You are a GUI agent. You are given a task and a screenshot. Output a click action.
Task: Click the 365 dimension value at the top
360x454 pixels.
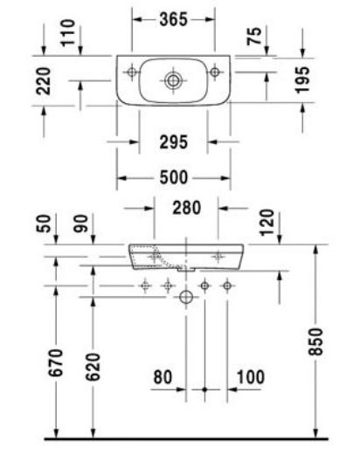point(173,20)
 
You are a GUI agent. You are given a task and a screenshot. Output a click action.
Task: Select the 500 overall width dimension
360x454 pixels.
point(174,177)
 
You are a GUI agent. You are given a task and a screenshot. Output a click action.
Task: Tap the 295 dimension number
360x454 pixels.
point(174,142)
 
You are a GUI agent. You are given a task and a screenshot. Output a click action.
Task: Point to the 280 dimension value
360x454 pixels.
point(186,208)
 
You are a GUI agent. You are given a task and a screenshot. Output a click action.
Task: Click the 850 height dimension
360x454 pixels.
point(316,341)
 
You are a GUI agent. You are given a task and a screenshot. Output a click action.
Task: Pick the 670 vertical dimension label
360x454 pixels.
point(56,362)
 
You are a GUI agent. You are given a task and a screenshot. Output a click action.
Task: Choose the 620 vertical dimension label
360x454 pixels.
point(93,367)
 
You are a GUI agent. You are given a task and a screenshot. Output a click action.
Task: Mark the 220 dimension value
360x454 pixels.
point(44,81)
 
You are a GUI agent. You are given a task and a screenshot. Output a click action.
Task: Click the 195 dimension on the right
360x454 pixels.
point(302,79)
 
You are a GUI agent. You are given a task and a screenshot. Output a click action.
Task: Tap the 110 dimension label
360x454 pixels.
point(68,32)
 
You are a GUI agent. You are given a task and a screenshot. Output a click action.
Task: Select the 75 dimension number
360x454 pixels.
point(254,36)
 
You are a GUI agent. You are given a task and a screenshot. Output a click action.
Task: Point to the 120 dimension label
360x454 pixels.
point(267,223)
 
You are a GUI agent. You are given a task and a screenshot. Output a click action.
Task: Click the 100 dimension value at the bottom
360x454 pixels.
point(251,377)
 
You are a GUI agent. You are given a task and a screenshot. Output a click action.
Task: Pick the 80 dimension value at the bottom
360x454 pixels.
point(163,377)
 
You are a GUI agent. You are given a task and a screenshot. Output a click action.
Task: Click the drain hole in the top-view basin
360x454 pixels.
point(173,80)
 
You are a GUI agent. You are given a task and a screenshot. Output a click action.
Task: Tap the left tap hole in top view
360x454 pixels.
point(132,72)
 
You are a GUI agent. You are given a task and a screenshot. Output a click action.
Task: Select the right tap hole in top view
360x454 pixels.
point(215,72)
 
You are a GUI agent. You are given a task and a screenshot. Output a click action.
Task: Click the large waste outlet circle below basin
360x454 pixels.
point(186,297)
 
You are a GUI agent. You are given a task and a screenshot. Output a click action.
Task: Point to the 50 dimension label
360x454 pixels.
point(44,224)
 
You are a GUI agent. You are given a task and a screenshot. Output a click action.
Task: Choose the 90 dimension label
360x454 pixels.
point(80,224)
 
